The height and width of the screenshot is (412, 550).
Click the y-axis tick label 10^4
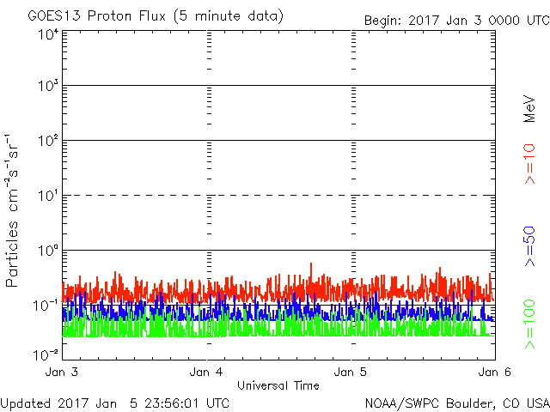point(47,35)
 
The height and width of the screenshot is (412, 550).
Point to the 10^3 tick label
point(47,88)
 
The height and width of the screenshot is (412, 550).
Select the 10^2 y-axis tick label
point(47,142)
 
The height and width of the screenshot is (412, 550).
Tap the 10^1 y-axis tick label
point(47,197)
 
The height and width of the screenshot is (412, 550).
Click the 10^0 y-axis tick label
point(47,252)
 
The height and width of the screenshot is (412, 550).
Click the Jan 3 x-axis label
point(63,373)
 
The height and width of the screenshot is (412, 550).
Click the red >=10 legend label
point(529,163)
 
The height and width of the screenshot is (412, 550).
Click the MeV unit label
point(529,108)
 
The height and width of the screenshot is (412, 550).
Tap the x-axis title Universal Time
point(278,385)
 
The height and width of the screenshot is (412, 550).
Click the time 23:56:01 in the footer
point(154,403)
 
